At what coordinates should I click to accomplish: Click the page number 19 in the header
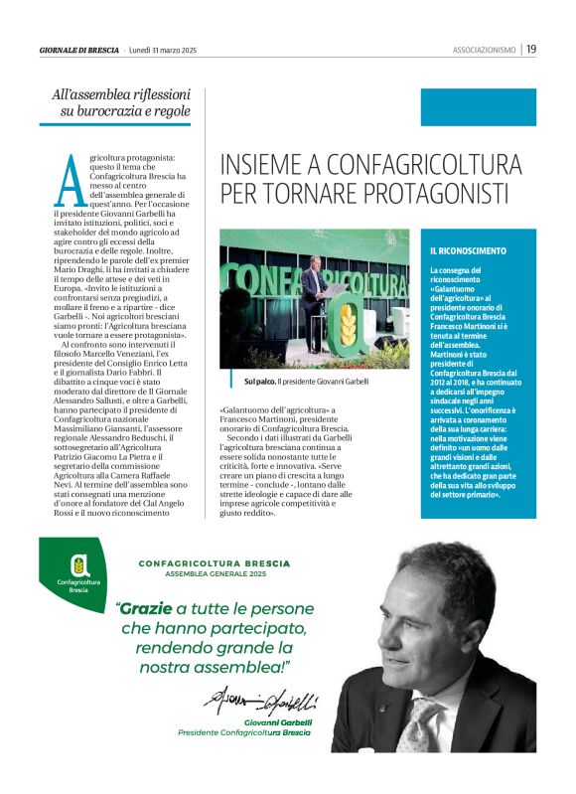(531, 49)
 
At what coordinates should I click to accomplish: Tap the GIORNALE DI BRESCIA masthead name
(79, 49)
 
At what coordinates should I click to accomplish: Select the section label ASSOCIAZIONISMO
(485, 49)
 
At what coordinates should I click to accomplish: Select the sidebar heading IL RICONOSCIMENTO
(468, 251)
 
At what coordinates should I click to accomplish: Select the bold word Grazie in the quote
(146, 608)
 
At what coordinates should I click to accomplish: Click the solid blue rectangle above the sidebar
(478, 107)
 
